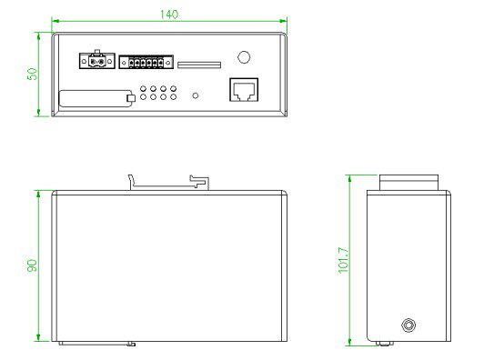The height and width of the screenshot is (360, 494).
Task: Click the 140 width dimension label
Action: click(x=169, y=15)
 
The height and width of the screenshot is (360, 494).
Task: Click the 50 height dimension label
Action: click(x=32, y=74)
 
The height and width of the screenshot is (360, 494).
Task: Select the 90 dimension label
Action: click(x=32, y=265)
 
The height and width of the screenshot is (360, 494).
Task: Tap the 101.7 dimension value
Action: click(x=344, y=260)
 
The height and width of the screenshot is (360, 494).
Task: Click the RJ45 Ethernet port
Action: click(x=244, y=90)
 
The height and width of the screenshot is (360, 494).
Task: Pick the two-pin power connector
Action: click(x=97, y=60)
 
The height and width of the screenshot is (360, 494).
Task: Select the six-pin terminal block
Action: click(x=146, y=63)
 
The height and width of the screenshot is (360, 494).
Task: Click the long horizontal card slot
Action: click(x=199, y=65)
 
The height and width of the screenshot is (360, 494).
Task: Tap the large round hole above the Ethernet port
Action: click(x=244, y=57)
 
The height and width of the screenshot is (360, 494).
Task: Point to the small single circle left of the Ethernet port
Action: click(x=196, y=95)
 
